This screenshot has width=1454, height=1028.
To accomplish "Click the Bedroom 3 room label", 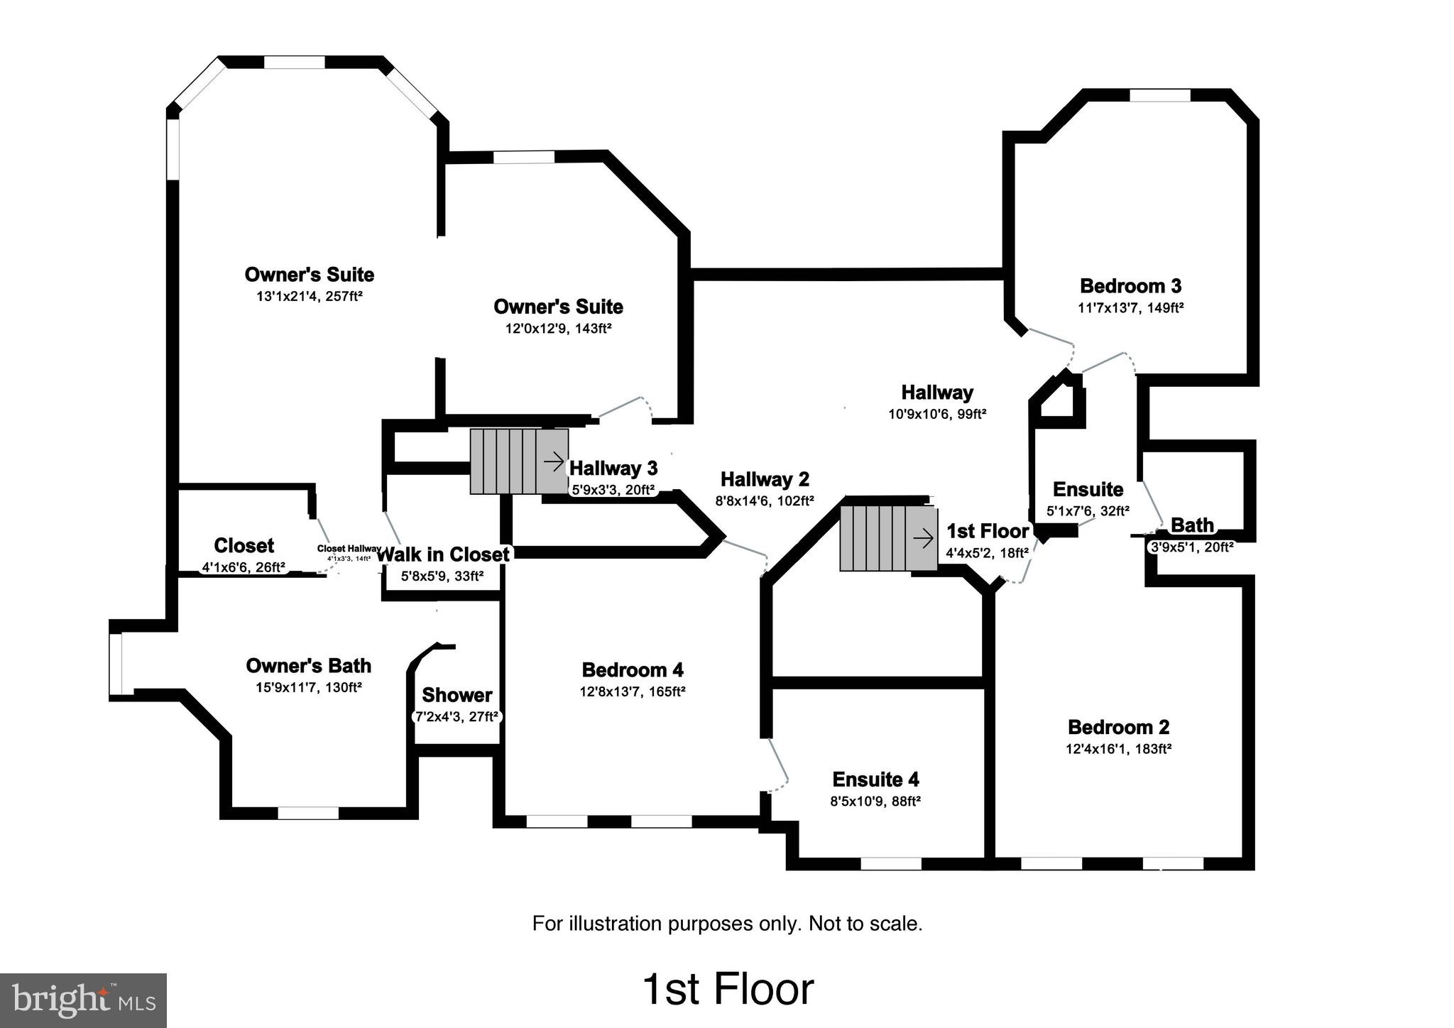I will (x=1130, y=286).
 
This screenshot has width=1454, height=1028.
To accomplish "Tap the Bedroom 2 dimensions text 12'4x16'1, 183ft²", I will (x=1118, y=748).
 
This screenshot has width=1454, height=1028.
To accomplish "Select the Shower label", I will (x=457, y=694).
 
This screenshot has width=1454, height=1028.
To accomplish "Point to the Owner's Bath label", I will (x=308, y=666).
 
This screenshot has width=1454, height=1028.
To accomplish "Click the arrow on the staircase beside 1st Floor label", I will (x=923, y=540).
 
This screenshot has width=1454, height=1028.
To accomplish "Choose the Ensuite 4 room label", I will (x=875, y=780).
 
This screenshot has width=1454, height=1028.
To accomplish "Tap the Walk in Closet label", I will (x=442, y=554).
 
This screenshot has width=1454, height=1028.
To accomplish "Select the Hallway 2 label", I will (x=765, y=479).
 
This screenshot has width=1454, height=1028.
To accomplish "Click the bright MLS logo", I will (x=84, y=1000).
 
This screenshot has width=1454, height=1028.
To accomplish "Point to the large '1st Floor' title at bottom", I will (x=728, y=990).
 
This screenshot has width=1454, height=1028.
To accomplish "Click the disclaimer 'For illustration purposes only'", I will (x=727, y=924).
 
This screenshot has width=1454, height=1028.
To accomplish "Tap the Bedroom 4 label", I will (x=632, y=669).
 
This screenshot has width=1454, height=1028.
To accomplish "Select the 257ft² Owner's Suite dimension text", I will (x=310, y=296).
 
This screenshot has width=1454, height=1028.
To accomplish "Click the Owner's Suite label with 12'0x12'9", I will (x=558, y=307).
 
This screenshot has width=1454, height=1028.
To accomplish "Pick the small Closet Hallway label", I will (x=349, y=549).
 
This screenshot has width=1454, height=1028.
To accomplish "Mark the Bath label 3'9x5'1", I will (x=1191, y=525).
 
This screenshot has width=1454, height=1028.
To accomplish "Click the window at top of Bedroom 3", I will (x=1159, y=95).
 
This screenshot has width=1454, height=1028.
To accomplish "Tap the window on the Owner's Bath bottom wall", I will (x=307, y=813).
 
